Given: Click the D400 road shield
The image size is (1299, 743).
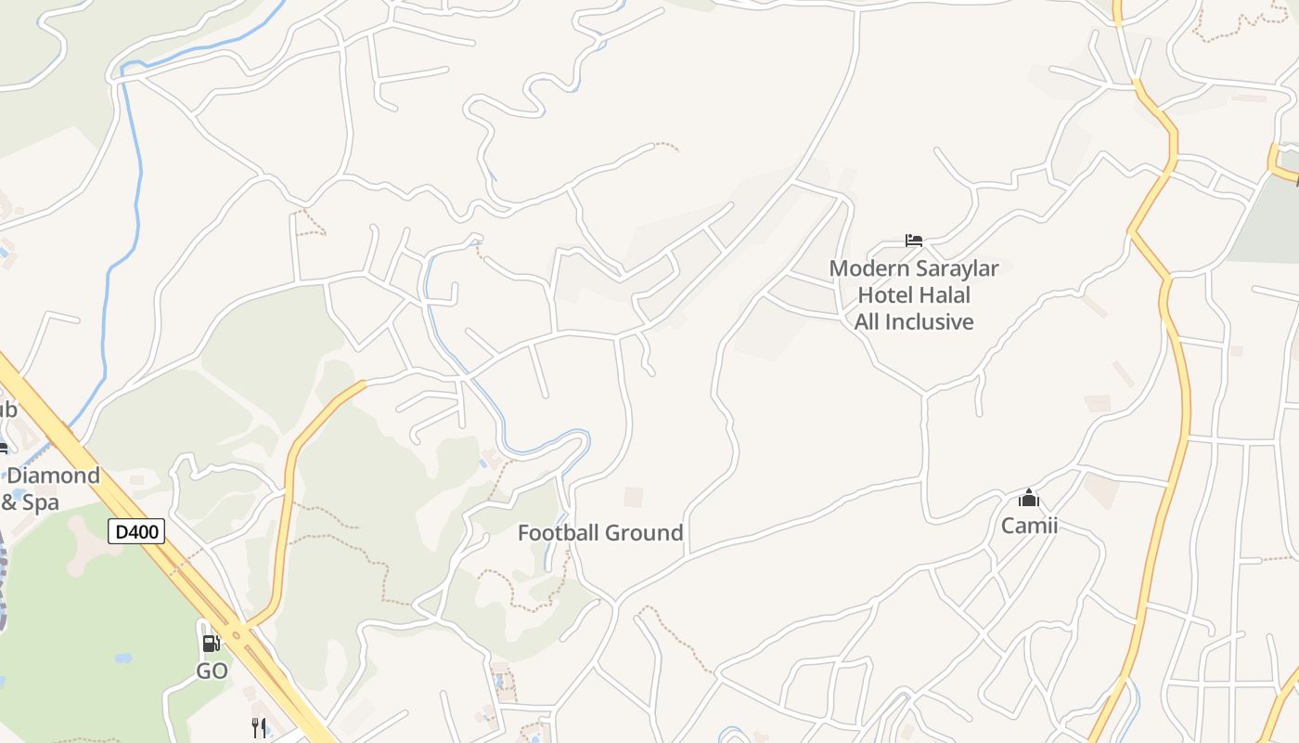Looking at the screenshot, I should [x=136, y=531].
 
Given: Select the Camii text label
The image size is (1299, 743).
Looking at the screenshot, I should [x=1029, y=526].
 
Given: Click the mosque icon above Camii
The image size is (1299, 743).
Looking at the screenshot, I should [x=1028, y=499].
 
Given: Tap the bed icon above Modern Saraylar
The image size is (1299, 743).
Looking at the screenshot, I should [x=914, y=241].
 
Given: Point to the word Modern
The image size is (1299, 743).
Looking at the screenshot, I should [x=869, y=269].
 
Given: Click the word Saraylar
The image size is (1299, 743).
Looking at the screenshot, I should [x=957, y=269].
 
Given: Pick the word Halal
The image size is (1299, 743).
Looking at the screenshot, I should [x=943, y=295].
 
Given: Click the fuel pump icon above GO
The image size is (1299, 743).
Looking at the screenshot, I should [x=212, y=643].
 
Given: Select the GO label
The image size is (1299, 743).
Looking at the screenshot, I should [x=212, y=671].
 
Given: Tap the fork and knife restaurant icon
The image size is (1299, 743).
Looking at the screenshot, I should [x=259, y=727].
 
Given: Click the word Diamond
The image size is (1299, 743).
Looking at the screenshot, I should [x=53, y=476].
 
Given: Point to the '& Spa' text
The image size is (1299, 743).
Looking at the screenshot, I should [x=30, y=502].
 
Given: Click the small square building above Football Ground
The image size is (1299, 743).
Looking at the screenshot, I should [x=633, y=497].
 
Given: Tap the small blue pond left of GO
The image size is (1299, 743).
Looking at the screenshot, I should [x=122, y=658].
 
